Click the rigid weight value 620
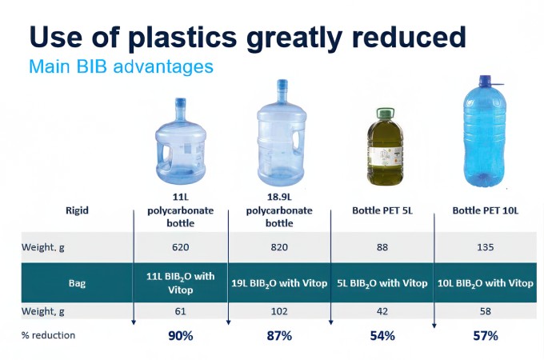click(x=180, y=247)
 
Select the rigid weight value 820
click(x=279, y=247)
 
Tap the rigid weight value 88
click(x=382, y=247)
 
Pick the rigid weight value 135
click(x=486, y=247)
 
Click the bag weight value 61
click(x=180, y=310)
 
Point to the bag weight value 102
click(x=279, y=310)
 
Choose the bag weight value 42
click(x=382, y=310)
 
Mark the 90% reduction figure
click(x=180, y=336)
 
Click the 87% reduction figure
click(x=279, y=336)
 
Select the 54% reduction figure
click(x=382, y=336)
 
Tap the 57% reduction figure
click(x=486, y=336)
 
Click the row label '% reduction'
click(x=48, y=335)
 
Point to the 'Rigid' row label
click(x=77, y=210)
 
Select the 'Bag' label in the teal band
click(x=77, y=283)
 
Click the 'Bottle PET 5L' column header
click(x=382, y=210)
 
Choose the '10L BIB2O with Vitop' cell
click(x=486, y=283)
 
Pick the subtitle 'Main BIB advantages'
click(x=121, y=66)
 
